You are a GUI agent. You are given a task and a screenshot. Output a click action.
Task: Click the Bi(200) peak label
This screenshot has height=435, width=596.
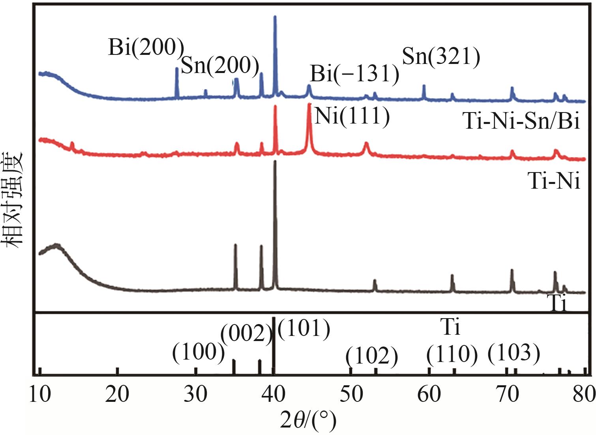click(146, 48)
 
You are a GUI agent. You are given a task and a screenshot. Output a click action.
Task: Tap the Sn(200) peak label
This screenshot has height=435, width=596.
click(220, 66)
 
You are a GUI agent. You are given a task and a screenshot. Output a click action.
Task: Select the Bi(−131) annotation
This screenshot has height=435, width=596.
click(354, 74)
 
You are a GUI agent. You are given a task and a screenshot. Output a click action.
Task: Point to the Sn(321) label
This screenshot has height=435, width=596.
click(441, 57)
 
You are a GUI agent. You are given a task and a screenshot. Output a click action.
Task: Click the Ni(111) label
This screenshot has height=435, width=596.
click(352, 116)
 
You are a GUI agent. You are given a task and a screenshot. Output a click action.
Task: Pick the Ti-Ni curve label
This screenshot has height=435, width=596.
click(554, 182)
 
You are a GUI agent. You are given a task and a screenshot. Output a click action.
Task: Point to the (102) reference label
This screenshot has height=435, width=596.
click(371, 356)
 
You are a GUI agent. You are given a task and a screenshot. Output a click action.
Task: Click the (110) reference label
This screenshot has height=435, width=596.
click(452, 354)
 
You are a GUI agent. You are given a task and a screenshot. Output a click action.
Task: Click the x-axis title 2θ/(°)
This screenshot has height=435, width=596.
click(308, 421)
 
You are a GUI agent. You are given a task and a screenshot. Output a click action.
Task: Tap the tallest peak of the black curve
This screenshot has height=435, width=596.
click(275, 166)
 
